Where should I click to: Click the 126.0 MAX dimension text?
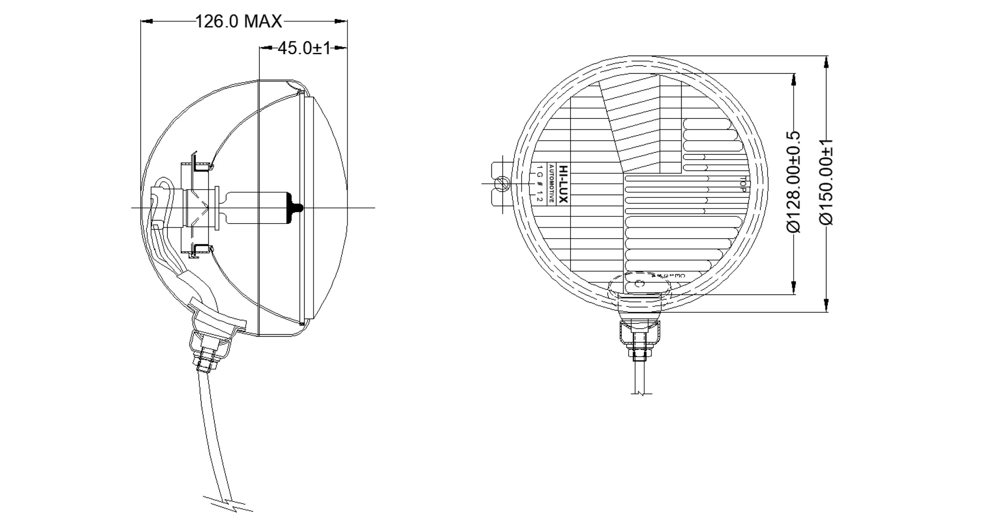[x=239, y=21]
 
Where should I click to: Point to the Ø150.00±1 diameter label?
[x=826, y=182]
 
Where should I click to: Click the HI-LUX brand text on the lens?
[x=563, y=184]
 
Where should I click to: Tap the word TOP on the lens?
[x=743, y=184]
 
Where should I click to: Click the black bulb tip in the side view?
[x=297, y=208]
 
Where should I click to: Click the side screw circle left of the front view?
[x=501, y=184]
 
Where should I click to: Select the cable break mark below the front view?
[x=642, y=393]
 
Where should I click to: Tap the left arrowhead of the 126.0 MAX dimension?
[x=147, y=21]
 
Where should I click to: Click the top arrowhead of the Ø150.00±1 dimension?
[x=826, y=62]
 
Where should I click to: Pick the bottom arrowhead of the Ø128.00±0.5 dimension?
[x=794, y=288]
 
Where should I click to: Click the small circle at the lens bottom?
[x=640, y=283]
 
